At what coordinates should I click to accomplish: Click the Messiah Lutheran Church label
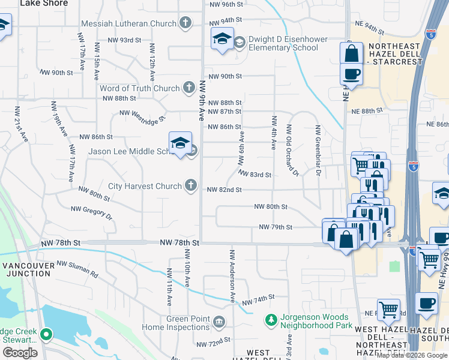pyautogui.click(x=129, y=23)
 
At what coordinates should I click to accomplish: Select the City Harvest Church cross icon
pyautogui.click(x=191, y=185)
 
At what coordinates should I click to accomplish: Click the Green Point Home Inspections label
pyautogui.click(x=175, y=323)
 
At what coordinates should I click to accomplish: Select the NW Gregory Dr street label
pyautogui.click(x=92, y=213)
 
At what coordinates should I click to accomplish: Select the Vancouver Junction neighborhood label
pyautogui.click(x=26, y=269)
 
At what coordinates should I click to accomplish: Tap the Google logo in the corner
pyautogui.click(x=20, y=353)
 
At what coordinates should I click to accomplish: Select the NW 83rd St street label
pyautogui.click(x=255, y=175)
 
